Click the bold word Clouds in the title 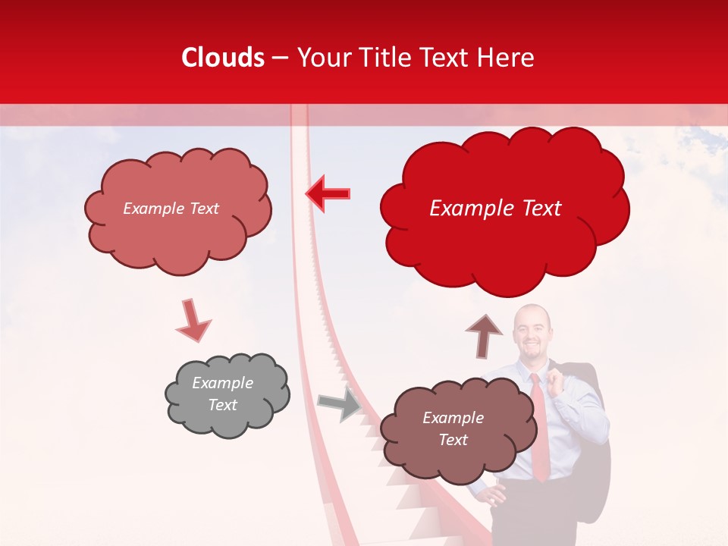[x=223, y=58]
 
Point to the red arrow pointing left [x=328, y=193]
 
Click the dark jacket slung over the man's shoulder [x=591, y=455]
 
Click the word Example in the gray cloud [x=222, y=383]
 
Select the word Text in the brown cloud [x=453, y=440]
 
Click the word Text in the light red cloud [x=202, y=209]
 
